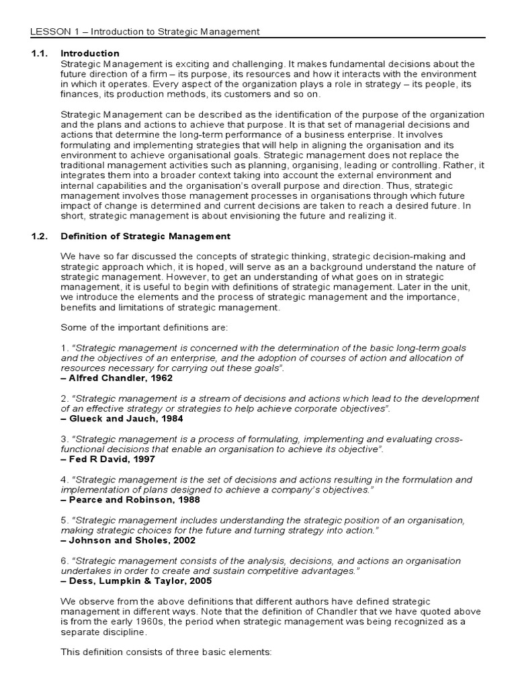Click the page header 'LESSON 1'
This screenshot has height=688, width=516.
[54, 32]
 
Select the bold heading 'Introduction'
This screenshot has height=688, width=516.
[90, 53]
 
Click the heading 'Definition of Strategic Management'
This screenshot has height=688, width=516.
[145, 236]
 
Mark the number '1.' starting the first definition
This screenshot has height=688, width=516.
[64, 348]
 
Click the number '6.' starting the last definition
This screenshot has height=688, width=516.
[64, 560]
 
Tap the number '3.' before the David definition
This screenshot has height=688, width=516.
[64, 439]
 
